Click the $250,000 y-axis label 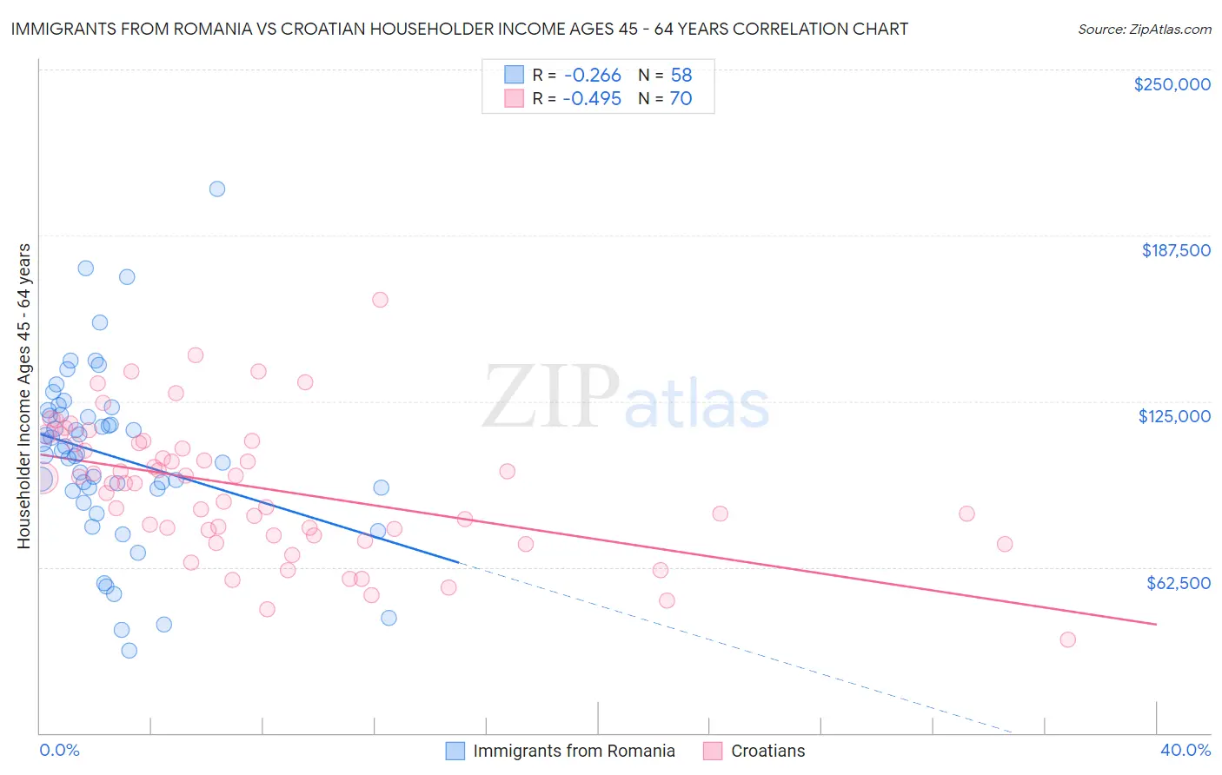(x=1172, y=84)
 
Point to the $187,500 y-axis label (x=1175, y=250)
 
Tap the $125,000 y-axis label (x=1174, y=416)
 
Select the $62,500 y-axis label (x=1178, y=583)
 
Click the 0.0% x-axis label (x=59, y=751)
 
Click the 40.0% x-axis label (x=1185, y=751)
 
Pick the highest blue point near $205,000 (x=217, y=189)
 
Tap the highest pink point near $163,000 (x=380, y=300)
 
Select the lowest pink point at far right (x=1068, y=639)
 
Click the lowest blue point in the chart (x=130, y=650)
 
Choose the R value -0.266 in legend (x=592, y=76)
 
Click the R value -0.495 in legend (x=592, y=99)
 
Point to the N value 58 (x=681, y=76)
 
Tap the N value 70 (x=681, y=99)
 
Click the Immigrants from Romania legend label (x=574, y=752)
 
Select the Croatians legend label (x=767, y=752)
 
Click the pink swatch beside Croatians (x=714, y=752)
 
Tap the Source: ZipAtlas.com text (x=1144, y=30)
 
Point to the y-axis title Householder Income (x=23, y=395)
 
